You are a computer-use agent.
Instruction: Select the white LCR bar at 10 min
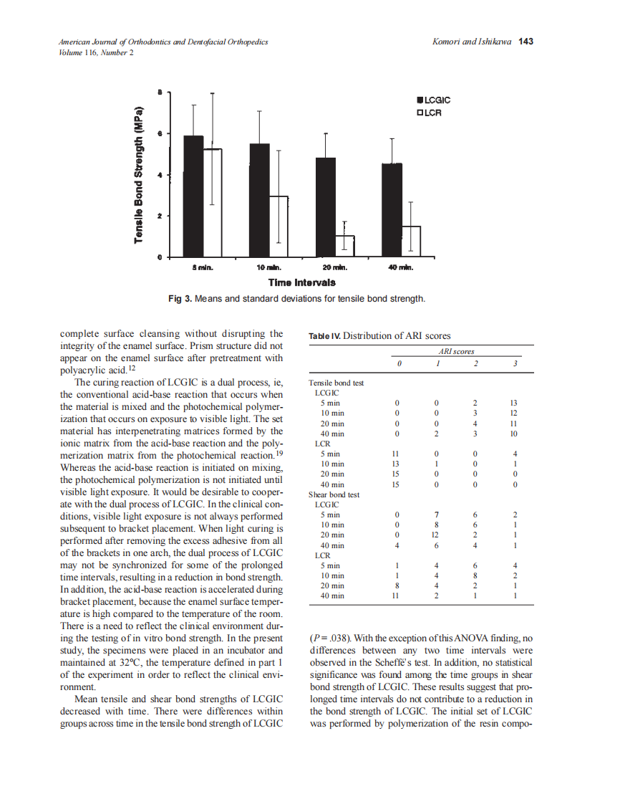[x=278, y=226]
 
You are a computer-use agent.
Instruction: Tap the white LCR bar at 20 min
[x=345, y=246]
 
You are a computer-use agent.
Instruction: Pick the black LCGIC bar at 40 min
[x=392, y=210]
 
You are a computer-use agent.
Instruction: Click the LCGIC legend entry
[x=434, y=101]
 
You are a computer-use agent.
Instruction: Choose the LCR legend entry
[x=430, y=113]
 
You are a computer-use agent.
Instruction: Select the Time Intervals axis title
[x=301, y=282]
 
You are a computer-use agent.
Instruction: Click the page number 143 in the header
[x=526, y=42]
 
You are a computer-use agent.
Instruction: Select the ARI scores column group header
[x=456, y=352]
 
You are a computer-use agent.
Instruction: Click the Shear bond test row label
[x=334, y=494]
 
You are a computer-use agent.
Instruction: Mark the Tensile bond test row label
[x=336, y=383]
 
